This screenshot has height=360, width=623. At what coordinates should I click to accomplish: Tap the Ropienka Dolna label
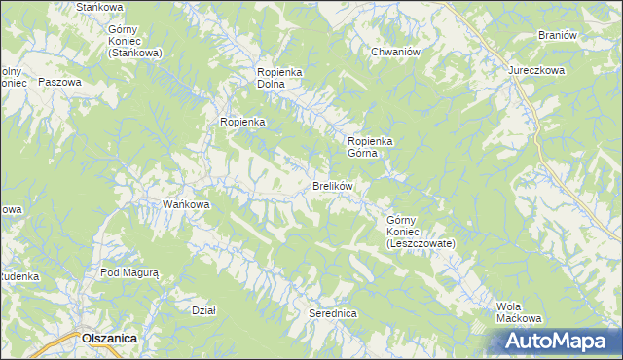(282, 78)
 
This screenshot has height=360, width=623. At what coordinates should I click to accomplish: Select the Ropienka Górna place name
(370, 146)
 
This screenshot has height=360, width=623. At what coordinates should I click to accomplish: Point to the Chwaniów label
(394, 53)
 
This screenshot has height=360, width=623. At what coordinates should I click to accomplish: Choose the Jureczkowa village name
(536, 71)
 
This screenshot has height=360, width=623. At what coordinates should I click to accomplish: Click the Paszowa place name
(58, 83)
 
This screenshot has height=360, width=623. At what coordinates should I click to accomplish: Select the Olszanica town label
(109, 337)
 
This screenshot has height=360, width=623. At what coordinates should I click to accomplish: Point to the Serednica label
(333, 314)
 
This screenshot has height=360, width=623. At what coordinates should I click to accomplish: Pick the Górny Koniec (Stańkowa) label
(135, 41)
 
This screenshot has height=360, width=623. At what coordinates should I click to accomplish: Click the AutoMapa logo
(557, 341)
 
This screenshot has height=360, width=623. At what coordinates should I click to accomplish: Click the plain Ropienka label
(243, 122)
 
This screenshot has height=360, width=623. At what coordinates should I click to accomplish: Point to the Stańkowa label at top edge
(95, 7)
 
